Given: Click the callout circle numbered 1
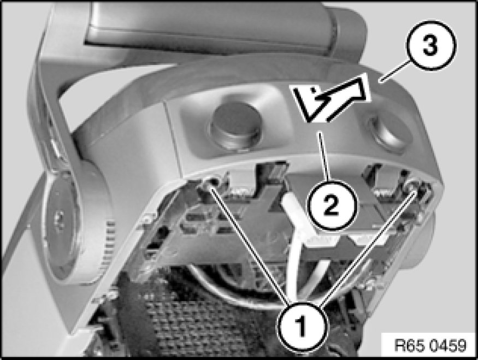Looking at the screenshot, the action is click(x=302, y=326).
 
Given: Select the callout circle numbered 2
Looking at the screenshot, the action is click(x=332, y=204).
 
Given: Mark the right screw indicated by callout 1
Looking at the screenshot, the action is click(x=415, y=188).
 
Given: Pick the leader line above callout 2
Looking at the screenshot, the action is click(x=324, y=156).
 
